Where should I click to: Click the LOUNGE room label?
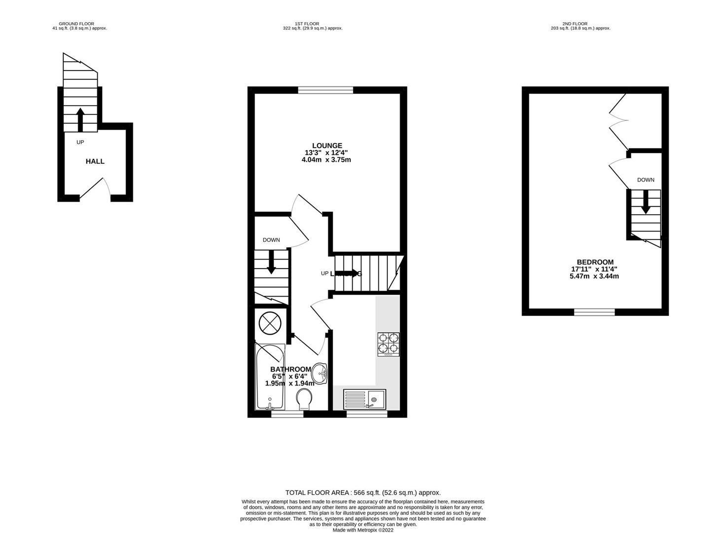click(327, 146)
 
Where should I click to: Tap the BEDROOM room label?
click(595, 262)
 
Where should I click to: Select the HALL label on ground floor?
click(95, 161)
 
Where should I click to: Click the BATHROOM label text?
click(290, 369)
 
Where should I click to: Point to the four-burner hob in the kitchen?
click(388, 344)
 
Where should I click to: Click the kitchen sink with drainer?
click(365, 399)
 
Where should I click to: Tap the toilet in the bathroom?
click(304, 398)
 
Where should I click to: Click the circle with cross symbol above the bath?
click(270, 324)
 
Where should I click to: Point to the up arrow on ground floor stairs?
click(80, 119)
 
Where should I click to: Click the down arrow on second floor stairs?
click(645, 204)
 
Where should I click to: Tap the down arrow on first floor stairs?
click(271, 263)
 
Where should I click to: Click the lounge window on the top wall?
click(326, 90)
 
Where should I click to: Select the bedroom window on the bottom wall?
click(594, 312)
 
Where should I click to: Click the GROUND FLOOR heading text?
click(76, 24)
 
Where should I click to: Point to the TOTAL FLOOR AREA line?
click(363, 493)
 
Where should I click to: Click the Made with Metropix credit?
click(363, 530)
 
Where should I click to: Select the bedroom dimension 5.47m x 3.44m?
click(594, 276)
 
